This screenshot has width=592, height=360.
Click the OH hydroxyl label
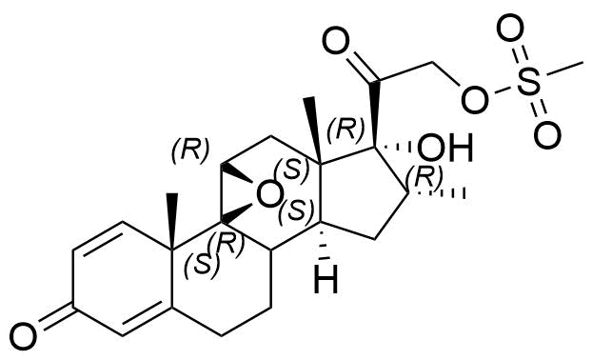click(445, 148)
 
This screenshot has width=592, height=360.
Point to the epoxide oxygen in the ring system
click(269, 196)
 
